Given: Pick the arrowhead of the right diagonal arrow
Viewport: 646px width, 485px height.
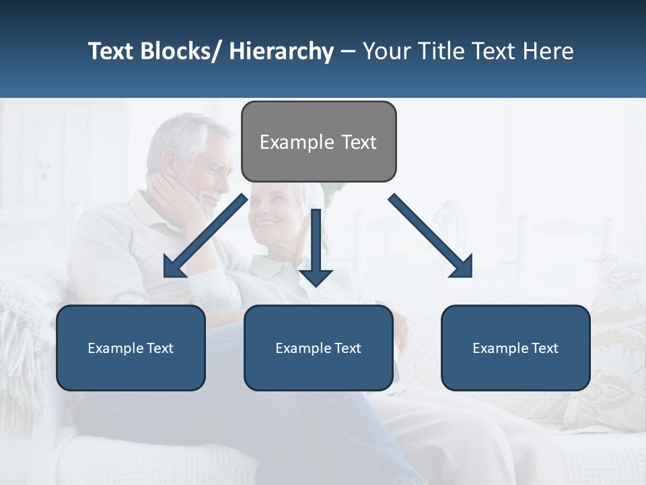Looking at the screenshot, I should click(463, 269).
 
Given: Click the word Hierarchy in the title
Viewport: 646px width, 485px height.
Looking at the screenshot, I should click(281, 51).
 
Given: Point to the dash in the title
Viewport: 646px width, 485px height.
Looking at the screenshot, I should click(348, 52).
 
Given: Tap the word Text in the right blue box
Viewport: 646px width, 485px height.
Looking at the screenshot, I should click(544, 348).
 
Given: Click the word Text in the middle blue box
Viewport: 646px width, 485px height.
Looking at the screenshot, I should click(347, 348).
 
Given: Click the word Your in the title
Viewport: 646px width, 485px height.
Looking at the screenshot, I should click(386, 51).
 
